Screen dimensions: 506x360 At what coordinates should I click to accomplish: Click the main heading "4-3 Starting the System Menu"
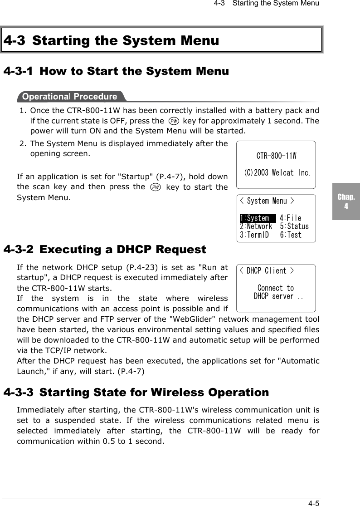point(111,41)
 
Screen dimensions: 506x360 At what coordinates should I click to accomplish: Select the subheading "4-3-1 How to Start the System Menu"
point(116,72)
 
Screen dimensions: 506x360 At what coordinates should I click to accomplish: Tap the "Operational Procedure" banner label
point(69,97)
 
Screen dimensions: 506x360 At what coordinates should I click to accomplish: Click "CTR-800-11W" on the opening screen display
point(276,156)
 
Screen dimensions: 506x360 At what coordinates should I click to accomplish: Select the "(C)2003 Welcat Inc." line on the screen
point(277,173)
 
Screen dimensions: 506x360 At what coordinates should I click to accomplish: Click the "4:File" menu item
point(290,218)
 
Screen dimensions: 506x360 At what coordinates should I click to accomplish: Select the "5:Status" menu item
point(294,226)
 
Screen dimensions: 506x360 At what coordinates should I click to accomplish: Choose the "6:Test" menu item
point(290,235)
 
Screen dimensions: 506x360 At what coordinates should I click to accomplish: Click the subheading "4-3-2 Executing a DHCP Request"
point(105,250)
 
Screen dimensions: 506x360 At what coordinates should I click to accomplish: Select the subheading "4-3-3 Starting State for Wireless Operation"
point(136,392)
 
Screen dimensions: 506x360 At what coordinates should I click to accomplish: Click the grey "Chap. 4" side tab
point(346,202)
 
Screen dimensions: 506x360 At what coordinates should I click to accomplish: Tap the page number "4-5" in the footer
point(313,502)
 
